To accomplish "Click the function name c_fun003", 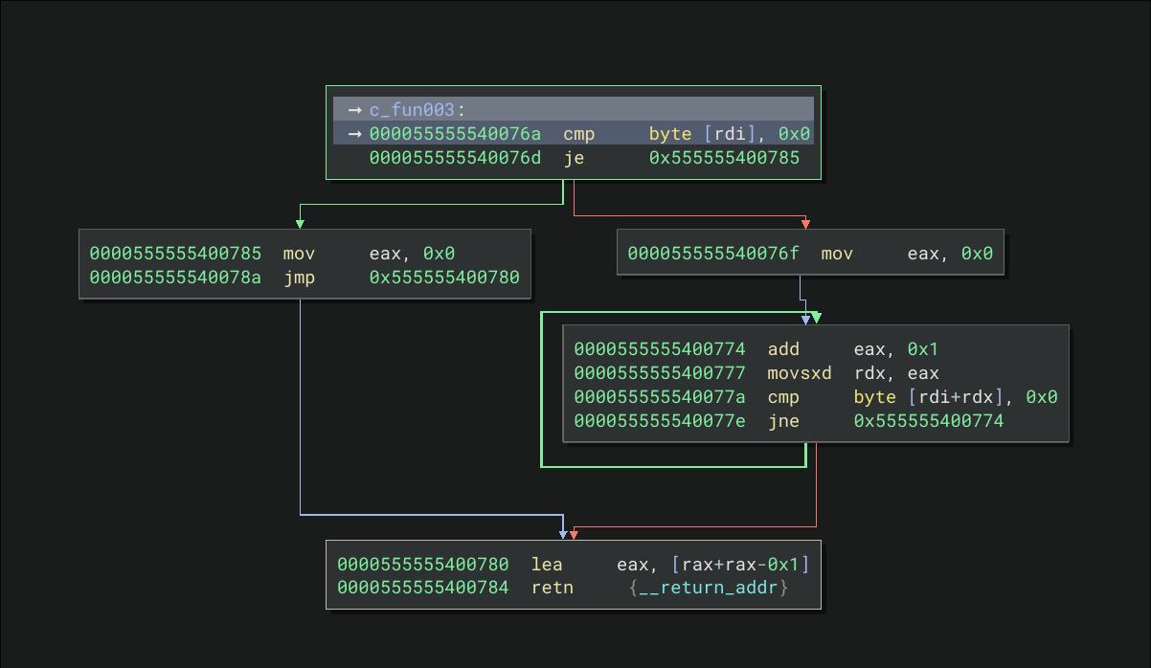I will coord(411,110).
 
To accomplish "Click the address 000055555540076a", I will coord(455,134).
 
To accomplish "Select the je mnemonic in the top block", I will coord(573,158).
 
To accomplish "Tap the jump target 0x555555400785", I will coord(723,158).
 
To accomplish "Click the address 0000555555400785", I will coord(175,254).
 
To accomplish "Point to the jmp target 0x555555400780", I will coord(444,278).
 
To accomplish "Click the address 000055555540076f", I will coord(713,254).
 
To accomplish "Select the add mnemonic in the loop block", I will coord(783,349).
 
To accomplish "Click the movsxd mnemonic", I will coord(800,373).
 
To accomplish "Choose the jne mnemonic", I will coord(783,420).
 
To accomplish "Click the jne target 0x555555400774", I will coord(929,420).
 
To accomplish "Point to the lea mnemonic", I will coord(547,565).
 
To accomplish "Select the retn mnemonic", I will coord(553,588).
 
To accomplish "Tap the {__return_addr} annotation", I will coord(709,588).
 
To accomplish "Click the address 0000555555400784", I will coord(422,588).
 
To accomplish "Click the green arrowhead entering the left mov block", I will coord(300,224).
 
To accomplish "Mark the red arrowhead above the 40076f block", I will coord(805,224).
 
